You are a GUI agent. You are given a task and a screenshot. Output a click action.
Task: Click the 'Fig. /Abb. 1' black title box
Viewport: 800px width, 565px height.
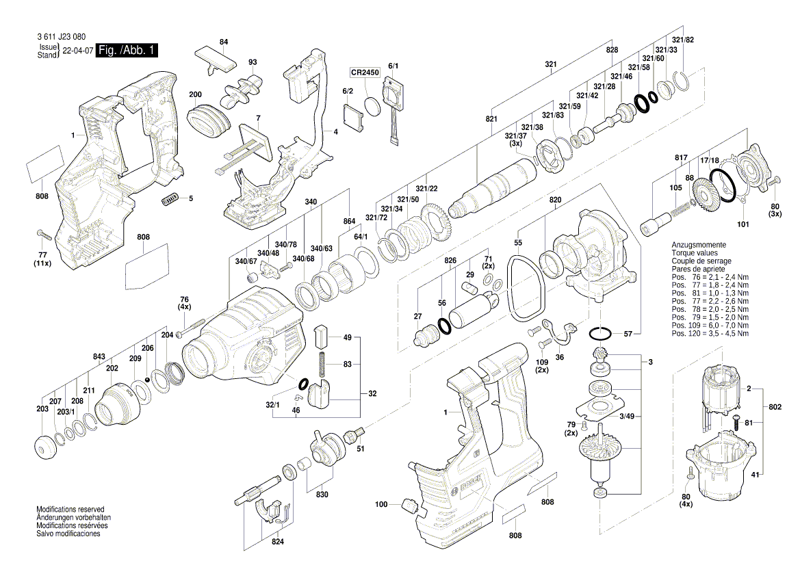127,51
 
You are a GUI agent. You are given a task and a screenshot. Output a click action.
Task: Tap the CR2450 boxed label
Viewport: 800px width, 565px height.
365,72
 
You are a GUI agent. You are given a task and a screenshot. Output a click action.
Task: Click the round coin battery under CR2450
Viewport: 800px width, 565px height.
373,107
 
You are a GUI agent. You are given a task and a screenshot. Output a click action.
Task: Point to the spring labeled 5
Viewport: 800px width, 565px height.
170,199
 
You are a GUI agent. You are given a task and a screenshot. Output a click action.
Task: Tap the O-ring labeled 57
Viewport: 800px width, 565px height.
600,334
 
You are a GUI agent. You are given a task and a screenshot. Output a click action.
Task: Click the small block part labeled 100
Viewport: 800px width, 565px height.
410,505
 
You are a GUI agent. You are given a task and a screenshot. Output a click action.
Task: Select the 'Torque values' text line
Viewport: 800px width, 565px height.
694,253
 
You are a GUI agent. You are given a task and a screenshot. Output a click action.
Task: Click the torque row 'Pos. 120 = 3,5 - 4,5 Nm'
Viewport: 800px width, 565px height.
710,334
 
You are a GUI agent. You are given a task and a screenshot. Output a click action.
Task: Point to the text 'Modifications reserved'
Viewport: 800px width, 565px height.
70,510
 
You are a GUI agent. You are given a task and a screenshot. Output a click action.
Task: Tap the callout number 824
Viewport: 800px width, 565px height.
277,542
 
